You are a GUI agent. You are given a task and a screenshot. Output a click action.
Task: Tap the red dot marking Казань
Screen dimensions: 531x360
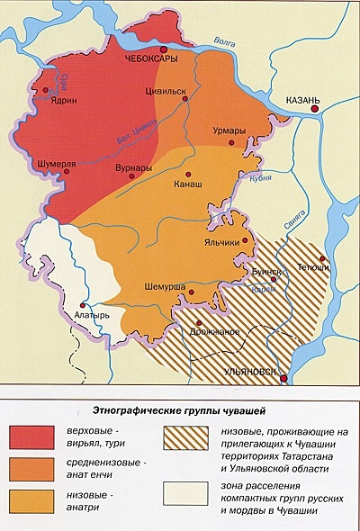pos(314,109)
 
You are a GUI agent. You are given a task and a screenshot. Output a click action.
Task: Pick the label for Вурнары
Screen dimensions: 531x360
pos(133,168)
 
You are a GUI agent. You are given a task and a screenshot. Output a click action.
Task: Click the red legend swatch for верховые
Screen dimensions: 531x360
pos(32,437)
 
